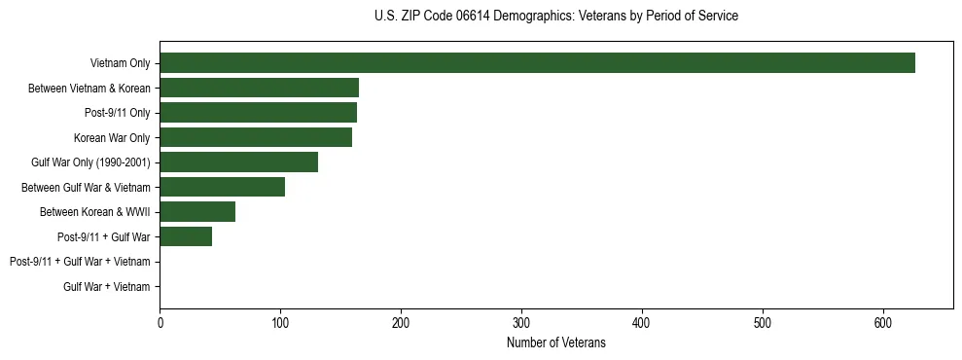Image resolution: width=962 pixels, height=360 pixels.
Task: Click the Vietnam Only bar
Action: (537, 63)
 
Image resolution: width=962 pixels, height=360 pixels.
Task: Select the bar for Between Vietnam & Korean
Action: (259, 88)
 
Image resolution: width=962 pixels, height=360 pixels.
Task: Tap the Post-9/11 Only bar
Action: (258, 113)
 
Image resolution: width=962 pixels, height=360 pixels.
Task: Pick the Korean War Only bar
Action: (256, 137)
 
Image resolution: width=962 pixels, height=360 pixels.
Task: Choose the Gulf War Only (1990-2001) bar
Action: (238, 162)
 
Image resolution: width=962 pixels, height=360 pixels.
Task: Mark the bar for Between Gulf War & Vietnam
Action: (222, 187)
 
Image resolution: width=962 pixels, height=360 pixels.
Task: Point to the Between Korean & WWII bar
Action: (197, 212)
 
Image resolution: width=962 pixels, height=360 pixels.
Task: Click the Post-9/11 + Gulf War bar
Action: (186, 236)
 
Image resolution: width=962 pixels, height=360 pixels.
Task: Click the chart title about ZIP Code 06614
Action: (555, 17)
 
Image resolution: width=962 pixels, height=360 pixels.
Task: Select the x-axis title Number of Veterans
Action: (555, 342)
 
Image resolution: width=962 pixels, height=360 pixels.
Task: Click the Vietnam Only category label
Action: (120, 63)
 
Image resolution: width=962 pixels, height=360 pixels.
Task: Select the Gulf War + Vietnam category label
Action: (106, 287)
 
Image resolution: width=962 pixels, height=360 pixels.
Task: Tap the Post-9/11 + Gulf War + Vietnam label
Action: (80, 262)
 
